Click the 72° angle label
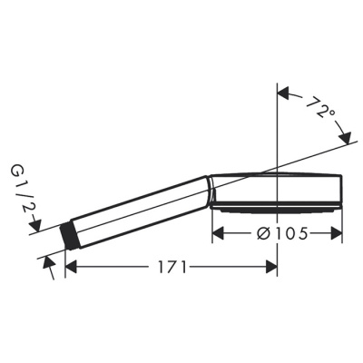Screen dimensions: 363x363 318,111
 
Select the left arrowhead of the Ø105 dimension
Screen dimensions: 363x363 218,234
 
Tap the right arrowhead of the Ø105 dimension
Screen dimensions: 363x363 338,234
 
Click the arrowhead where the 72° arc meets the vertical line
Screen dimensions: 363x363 283,92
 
